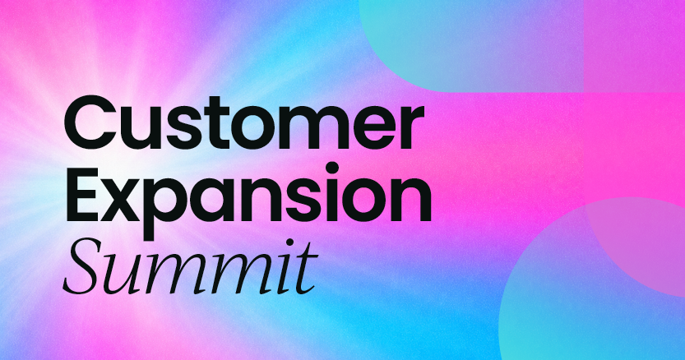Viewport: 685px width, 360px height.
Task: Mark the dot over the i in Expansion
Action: [332, 168]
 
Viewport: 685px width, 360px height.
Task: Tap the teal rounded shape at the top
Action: [472, 44]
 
